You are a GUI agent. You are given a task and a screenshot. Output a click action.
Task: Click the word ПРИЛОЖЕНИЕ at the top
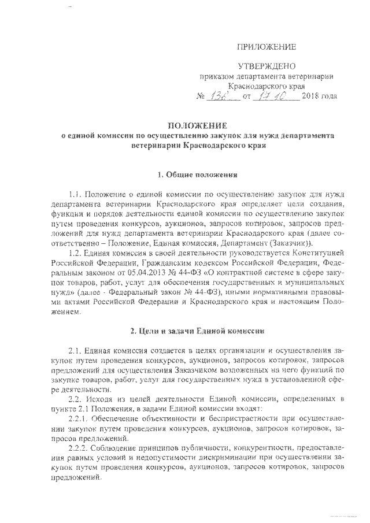267,46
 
